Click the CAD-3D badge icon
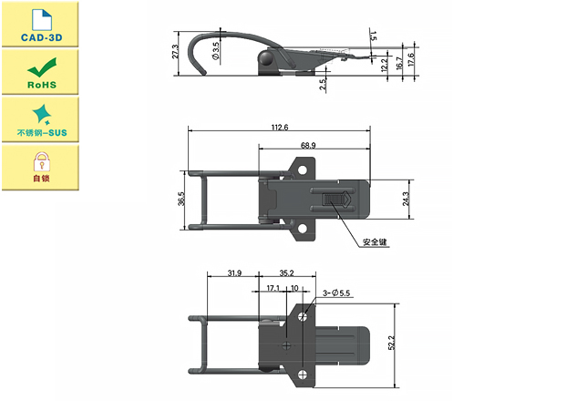39,25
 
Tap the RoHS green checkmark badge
39,72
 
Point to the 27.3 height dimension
175,52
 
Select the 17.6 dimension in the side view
412,62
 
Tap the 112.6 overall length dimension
278,128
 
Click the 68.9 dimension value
307,146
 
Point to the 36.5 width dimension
182,199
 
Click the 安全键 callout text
376,242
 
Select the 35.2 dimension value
286,272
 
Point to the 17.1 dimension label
273,289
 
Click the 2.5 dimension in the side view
324,84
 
